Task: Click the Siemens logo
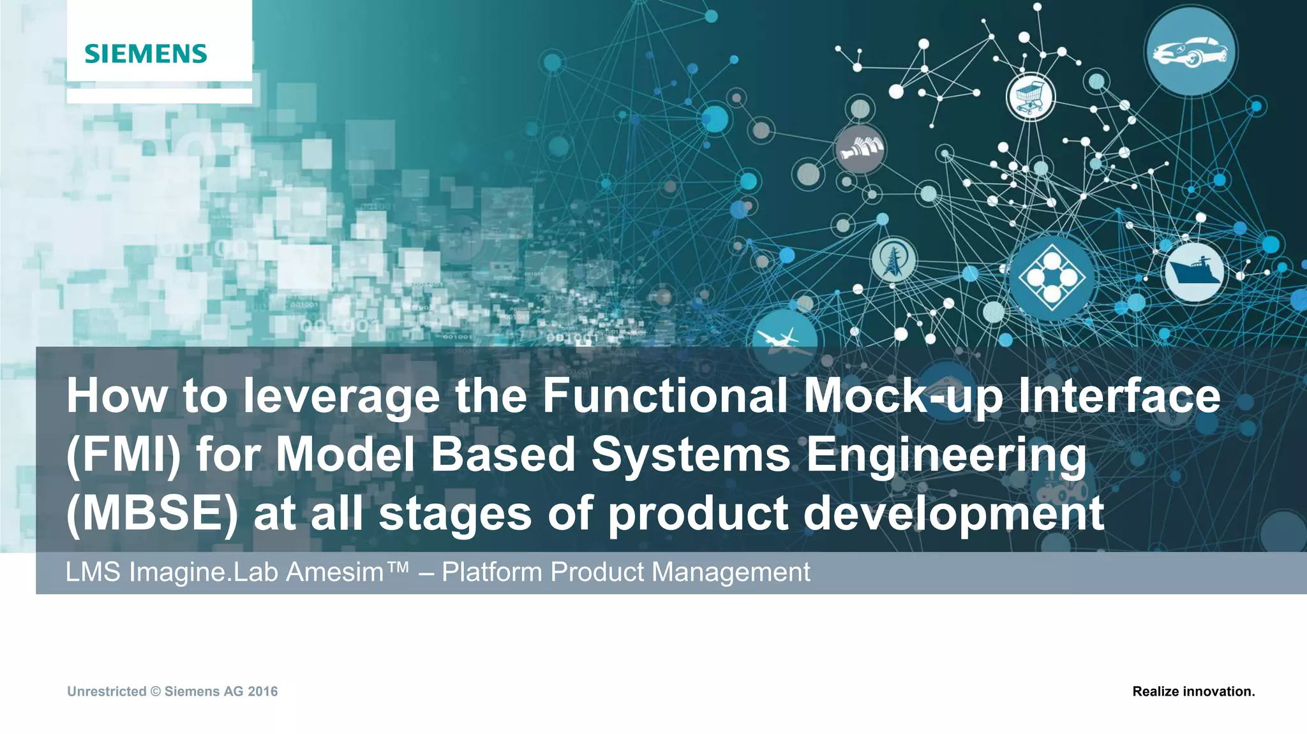pos(146,54)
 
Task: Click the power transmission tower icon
pos(893,260)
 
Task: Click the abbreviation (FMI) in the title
pos(124,455)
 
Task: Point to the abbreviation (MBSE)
pos(152,514)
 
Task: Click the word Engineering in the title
pos(946,455)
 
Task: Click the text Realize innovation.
pos(1193,691)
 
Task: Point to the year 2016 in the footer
pos(263,691)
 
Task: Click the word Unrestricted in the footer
pos(107,691)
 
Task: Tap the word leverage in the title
pos(341,395)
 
